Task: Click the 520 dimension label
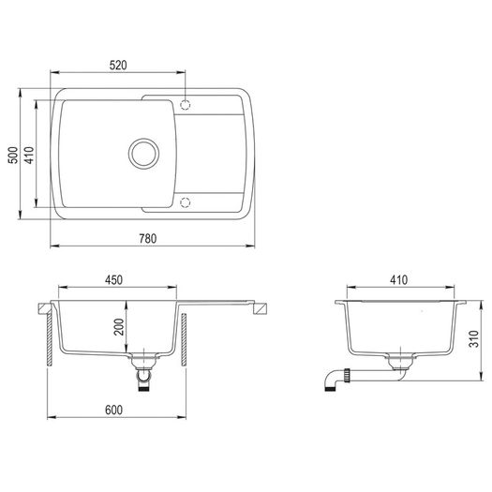(x=118, y=65)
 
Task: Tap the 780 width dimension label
(x=148, y=238)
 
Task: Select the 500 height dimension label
(x=13, y=155)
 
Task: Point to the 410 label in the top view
(x=29, y=155)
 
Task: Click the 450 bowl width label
(x=113, y=280)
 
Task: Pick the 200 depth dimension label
(x=119, y=327)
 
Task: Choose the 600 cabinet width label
(x=113, y=410)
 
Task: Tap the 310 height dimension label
(x=474, y=338)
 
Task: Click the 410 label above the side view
(x=399, y=280)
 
